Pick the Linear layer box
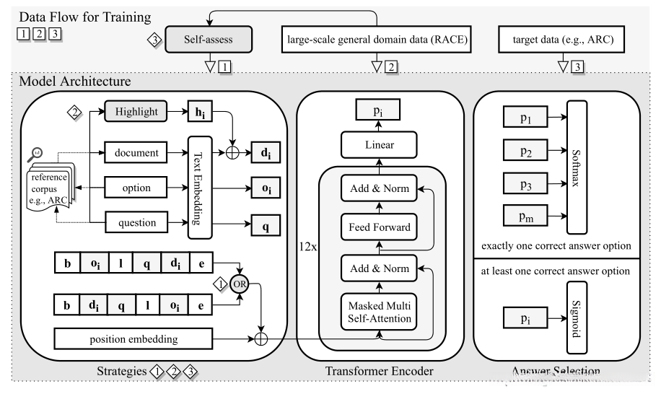378,145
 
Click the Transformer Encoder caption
379,372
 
